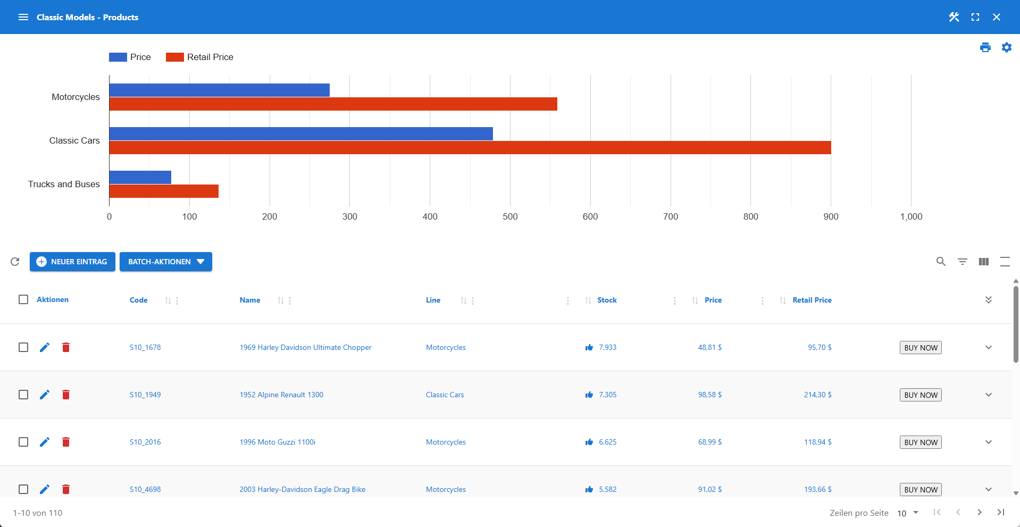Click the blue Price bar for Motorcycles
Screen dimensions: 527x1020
[219, 90]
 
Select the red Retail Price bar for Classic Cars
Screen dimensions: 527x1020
[470, 148]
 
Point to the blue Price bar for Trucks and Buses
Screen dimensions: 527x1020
[140, 177]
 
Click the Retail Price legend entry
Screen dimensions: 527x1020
[200, 57]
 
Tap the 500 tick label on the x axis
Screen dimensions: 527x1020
[510, 216]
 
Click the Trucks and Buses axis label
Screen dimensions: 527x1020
[64, 184]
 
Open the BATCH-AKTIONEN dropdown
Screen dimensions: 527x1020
[166, 262]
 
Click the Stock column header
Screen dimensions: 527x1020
[607, 300]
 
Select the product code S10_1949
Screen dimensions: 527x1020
[145, 395]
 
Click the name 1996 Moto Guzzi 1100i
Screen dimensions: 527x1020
[277, 442]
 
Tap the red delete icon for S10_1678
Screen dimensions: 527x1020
[66, 347]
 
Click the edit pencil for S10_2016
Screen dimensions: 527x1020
[45, 442]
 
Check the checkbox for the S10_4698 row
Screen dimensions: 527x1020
[23, 489]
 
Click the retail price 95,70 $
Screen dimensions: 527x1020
[820, 347]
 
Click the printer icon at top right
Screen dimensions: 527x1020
[985, 47]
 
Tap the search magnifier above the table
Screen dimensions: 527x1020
[941, 262]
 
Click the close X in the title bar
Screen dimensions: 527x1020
[997, 17]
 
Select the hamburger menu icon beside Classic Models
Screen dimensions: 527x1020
[23, 17]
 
